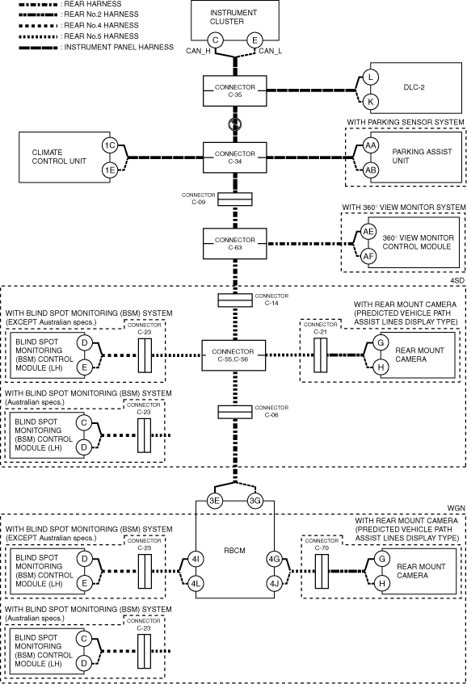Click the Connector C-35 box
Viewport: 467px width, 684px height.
coord(235,90)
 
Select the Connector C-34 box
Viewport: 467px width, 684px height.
coord(235,157)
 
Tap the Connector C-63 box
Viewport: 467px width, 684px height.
coord(235,243)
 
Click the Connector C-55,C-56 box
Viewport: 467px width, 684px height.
coord(234,355)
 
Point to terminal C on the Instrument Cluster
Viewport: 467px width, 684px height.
coord(215,40)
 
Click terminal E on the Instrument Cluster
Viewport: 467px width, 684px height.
coord(255,40)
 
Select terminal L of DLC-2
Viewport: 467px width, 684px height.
coord(371,78)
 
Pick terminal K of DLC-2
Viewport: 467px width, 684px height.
coord(371,102)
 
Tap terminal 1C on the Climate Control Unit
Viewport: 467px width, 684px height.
coord(110,145)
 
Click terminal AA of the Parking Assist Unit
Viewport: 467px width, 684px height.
coord(371,145)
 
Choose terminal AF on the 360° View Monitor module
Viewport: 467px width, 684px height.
coord(368,256)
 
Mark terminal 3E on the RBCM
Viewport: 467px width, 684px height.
coord(214,501)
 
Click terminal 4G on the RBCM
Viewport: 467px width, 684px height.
coord(274,559)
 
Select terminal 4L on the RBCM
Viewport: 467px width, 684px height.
coord(196,583)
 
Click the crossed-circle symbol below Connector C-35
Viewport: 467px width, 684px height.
coord(235,124)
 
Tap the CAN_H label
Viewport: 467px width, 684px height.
coord(198,51)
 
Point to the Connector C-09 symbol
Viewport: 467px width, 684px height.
coord(235,199)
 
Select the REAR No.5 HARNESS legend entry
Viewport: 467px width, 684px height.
coord(78,36)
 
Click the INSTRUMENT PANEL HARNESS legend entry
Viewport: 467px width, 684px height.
coord(96,47)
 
